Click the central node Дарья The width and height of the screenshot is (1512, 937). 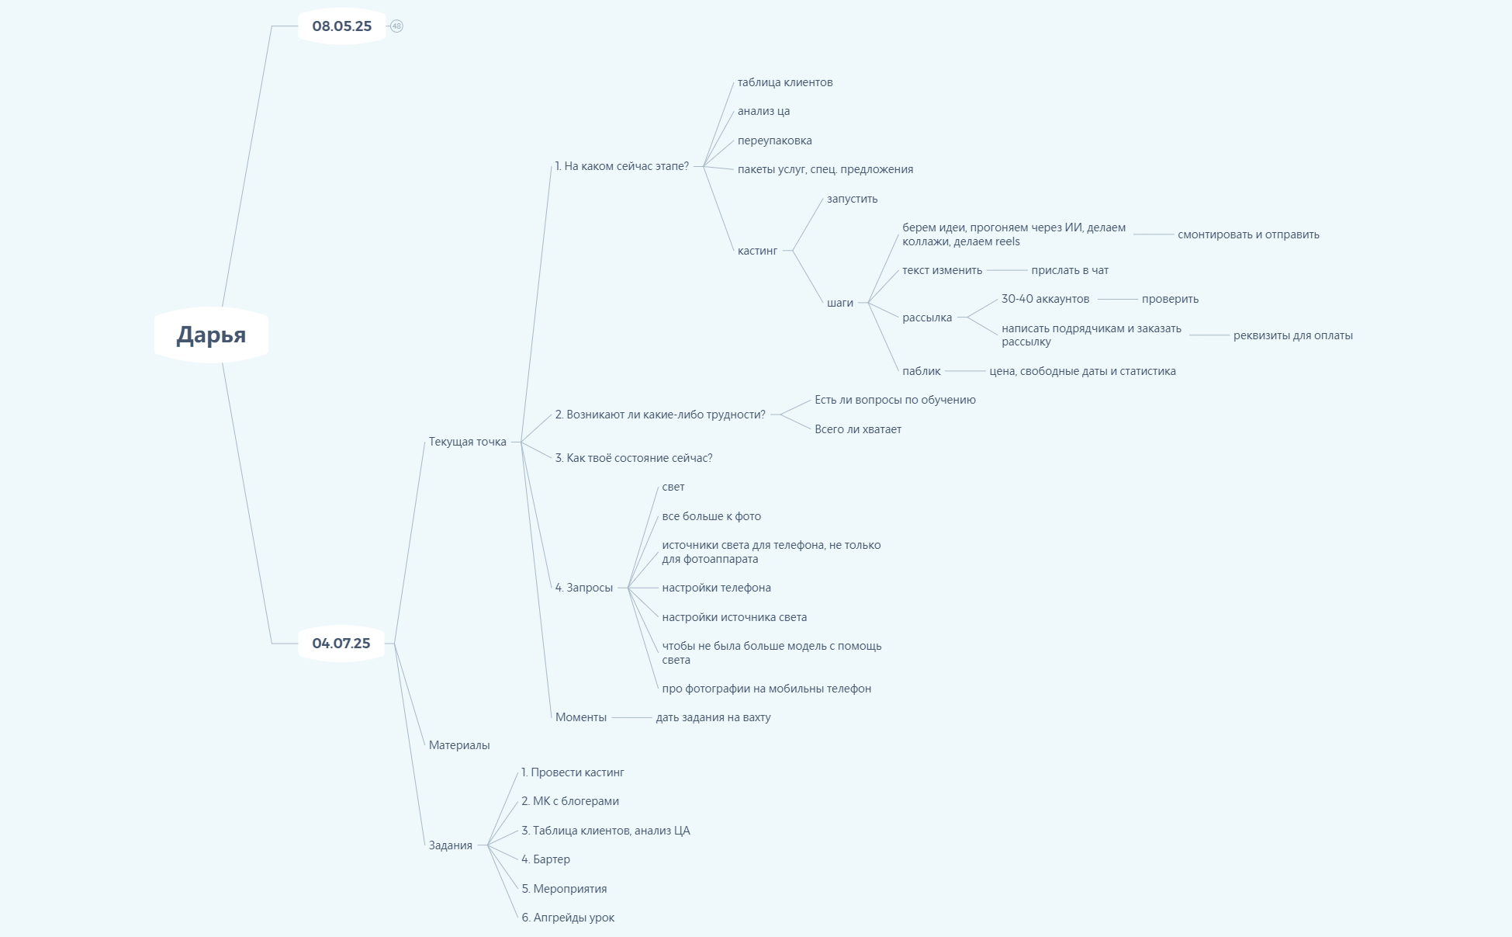pos(211,335)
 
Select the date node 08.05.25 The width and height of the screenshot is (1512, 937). pos(342,26)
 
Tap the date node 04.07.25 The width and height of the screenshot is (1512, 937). pos(341,643)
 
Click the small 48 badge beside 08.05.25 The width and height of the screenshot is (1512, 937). pos(396,26)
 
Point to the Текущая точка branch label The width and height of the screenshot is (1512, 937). pos(468,442)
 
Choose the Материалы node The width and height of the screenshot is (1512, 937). pos(459,745)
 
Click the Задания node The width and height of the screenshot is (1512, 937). pos(451,845)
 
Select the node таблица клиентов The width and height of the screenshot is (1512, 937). pos(785,82)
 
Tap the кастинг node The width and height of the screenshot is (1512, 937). pos(757,251)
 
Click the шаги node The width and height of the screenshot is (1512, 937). pos(840,303)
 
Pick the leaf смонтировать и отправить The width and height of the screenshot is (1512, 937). pos(1248,234)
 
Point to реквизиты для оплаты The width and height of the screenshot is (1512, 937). pos(1293,335)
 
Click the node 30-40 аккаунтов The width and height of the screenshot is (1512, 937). pos(1046,299)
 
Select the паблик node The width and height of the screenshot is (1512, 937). pos(922,371)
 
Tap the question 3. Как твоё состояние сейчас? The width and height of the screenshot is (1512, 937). pos(634,458)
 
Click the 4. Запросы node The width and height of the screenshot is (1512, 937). pos(584,588)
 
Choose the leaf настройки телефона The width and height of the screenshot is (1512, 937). pos(717,588)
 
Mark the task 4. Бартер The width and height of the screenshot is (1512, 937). pos(546,859)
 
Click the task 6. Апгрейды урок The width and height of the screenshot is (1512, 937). pos(568,918)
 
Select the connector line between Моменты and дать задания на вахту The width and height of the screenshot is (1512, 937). pos(631,718)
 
